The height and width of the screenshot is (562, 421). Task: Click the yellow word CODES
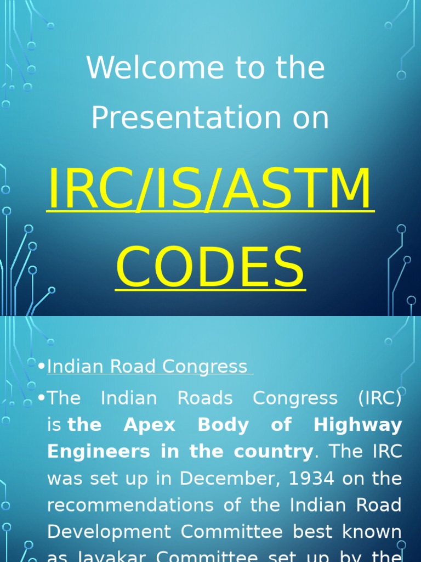pos(210,268)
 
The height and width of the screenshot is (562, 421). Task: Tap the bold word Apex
pos(150,425)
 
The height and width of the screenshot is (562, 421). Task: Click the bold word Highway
pos(357,425)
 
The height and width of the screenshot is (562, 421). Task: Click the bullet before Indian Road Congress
pos(42,367)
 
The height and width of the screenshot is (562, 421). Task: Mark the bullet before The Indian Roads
pos(42,398)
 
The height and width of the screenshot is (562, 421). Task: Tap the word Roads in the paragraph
pos(204,398)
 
